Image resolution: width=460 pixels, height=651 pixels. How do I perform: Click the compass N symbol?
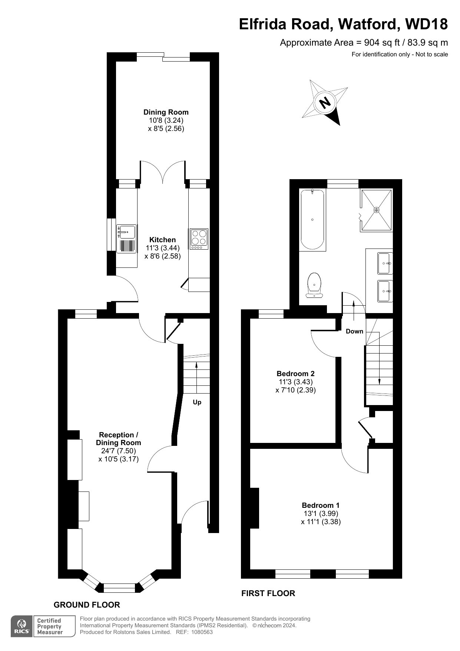325,102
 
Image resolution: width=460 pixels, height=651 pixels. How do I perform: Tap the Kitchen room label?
162,240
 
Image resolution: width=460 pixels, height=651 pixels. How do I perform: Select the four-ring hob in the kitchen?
199,239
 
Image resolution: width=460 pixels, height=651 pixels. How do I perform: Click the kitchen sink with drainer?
126,239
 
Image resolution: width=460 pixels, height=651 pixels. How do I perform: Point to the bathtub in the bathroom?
312,220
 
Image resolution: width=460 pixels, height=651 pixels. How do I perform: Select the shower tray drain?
377,210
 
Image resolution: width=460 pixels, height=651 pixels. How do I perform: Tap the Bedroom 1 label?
321,505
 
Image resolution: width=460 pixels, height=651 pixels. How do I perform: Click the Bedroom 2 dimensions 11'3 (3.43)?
295,382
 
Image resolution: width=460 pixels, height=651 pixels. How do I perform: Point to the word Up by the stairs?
197,402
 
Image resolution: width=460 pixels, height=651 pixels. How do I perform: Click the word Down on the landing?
354,331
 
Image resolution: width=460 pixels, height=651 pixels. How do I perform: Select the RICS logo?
22,627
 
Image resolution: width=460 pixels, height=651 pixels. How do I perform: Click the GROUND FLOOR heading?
87,605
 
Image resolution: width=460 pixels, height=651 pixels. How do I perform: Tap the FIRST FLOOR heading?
268,594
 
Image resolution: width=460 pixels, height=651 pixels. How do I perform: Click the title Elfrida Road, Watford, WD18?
343,24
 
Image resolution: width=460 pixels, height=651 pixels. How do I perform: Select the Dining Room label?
166,112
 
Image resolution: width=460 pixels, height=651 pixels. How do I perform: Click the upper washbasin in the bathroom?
384,263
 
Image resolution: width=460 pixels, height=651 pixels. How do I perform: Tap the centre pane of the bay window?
119,588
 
